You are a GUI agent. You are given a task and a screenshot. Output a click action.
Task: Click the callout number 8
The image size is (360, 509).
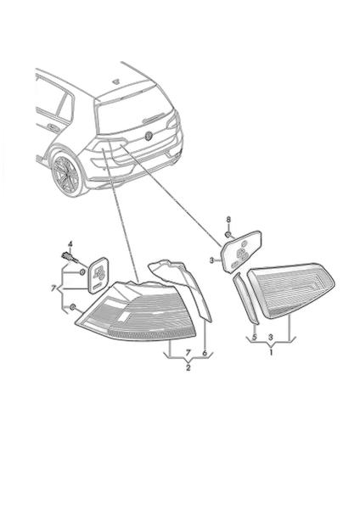228,220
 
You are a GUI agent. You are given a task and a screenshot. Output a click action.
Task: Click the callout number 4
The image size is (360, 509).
70,243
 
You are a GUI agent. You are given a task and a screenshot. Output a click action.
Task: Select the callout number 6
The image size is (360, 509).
205,353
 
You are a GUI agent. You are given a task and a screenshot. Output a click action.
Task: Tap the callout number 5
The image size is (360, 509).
255,338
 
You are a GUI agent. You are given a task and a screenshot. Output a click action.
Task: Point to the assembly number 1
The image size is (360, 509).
272,352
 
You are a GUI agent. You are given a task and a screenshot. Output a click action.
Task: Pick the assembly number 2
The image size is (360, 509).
188,368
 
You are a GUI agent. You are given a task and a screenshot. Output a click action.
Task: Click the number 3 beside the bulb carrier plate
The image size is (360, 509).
212,260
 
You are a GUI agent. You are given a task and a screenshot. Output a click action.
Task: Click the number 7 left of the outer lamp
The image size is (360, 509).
53,288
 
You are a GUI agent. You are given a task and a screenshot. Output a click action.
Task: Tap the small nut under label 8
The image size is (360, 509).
228,234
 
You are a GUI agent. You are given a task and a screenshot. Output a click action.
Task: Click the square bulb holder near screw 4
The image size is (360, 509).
98,275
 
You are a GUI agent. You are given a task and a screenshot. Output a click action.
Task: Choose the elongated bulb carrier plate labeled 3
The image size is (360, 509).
241,251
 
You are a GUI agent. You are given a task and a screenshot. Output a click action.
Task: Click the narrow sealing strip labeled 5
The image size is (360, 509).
246,299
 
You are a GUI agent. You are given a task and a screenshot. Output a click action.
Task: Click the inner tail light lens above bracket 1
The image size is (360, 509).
291,290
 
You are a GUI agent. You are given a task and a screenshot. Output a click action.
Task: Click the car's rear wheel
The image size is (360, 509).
66,176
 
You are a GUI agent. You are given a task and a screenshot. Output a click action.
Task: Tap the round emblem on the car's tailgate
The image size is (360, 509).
149,136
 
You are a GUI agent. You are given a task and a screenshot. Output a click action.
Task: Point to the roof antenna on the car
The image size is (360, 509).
116,81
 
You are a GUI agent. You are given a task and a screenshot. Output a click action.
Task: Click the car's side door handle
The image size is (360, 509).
53,127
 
